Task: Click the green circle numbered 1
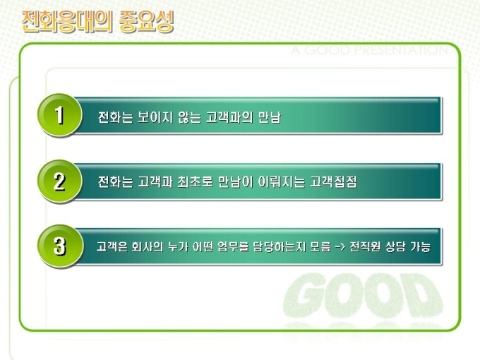(60, 115)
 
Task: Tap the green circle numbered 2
(60, 181)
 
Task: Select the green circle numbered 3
(60, 246)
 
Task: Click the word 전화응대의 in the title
(67, 21)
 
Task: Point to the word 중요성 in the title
(147, 21)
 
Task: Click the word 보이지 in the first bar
(155, 117)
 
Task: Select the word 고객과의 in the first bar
(229, 117)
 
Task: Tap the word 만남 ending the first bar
(270, 117)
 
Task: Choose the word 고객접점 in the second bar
(333, 182)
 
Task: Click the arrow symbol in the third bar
(340, 247)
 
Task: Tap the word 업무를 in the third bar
(233, 246)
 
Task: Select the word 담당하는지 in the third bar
(280, 246)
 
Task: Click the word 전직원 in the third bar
(365, 246)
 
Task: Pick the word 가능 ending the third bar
(420, 246)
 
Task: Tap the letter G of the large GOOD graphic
(303, 294)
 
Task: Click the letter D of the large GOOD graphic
(424, 294)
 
